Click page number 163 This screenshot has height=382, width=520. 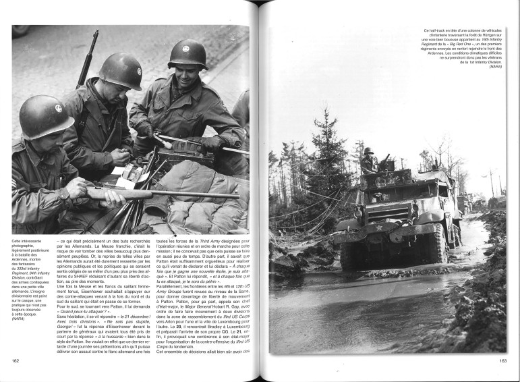coord(502,360)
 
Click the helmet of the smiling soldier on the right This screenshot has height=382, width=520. coord(186,55)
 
